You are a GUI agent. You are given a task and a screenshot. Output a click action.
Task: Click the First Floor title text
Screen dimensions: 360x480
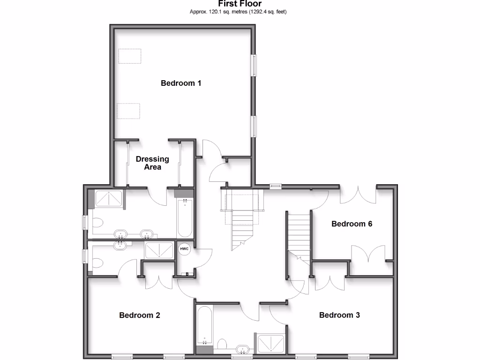point(240,4)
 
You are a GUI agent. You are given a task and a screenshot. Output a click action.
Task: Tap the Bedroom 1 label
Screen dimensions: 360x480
point(181,83)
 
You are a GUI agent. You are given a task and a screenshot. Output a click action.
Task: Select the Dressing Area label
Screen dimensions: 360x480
point(152,163)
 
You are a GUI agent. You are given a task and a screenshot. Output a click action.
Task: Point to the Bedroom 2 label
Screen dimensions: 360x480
point(140,315)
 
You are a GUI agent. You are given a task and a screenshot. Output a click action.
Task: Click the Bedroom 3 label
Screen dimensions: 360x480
point(339,315)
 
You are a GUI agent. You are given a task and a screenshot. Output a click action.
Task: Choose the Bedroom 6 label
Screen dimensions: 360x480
point(352,224)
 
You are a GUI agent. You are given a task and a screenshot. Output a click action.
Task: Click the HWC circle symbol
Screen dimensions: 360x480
point(184,249)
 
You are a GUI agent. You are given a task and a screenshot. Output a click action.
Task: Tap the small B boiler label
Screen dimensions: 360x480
point(187,274)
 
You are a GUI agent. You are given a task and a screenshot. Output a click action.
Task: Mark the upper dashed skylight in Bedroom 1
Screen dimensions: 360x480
point(129,56)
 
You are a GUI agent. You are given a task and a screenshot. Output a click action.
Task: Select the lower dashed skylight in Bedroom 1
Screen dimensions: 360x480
point(128,111)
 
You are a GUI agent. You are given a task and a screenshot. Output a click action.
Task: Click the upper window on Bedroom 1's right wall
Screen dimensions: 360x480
point(255,65)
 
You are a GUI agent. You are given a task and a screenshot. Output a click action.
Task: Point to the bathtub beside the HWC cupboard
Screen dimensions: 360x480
point(185,218)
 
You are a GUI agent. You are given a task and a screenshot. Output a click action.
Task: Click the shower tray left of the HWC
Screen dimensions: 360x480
point(159,250)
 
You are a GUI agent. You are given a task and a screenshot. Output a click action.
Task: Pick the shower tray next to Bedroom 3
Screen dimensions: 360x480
point(271,344)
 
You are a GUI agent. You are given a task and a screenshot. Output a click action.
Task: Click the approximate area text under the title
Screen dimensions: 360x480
point(238,12)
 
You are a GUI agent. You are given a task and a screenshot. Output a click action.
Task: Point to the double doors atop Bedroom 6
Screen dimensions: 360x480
point(358,195)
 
